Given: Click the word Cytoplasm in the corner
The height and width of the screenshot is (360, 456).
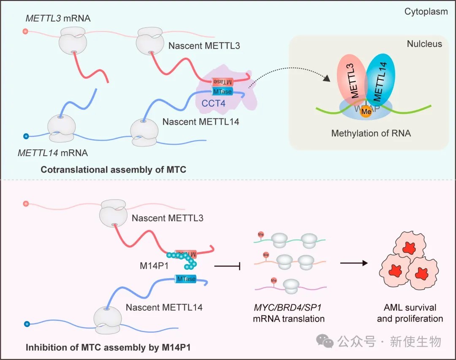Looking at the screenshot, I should (x=426, y=11).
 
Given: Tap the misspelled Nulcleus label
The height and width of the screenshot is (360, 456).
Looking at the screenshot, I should (x=424, y=44).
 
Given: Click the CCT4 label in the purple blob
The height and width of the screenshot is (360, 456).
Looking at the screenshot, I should (x=209, y=102).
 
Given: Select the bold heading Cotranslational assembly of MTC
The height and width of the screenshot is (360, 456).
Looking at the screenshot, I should (x=114, y=170).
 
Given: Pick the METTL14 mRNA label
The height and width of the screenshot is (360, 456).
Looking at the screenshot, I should (x=50, y=152).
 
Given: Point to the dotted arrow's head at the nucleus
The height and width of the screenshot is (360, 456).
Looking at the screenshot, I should (x=327, y=78).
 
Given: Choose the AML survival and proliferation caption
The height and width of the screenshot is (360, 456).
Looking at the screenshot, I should (x=410, y=313).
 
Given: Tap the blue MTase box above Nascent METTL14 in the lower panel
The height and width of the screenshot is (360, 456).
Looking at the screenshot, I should (x=185, y=279).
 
